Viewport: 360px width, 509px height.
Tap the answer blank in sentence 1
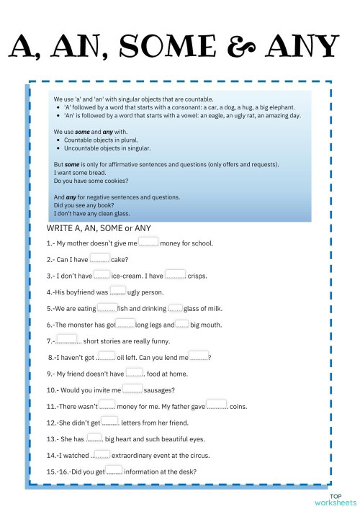click(148, 242)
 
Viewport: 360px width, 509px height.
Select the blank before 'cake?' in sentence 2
click(100, 258)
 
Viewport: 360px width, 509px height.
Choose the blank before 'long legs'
click(125, 324)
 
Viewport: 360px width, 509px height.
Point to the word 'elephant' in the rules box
click(280, 107)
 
